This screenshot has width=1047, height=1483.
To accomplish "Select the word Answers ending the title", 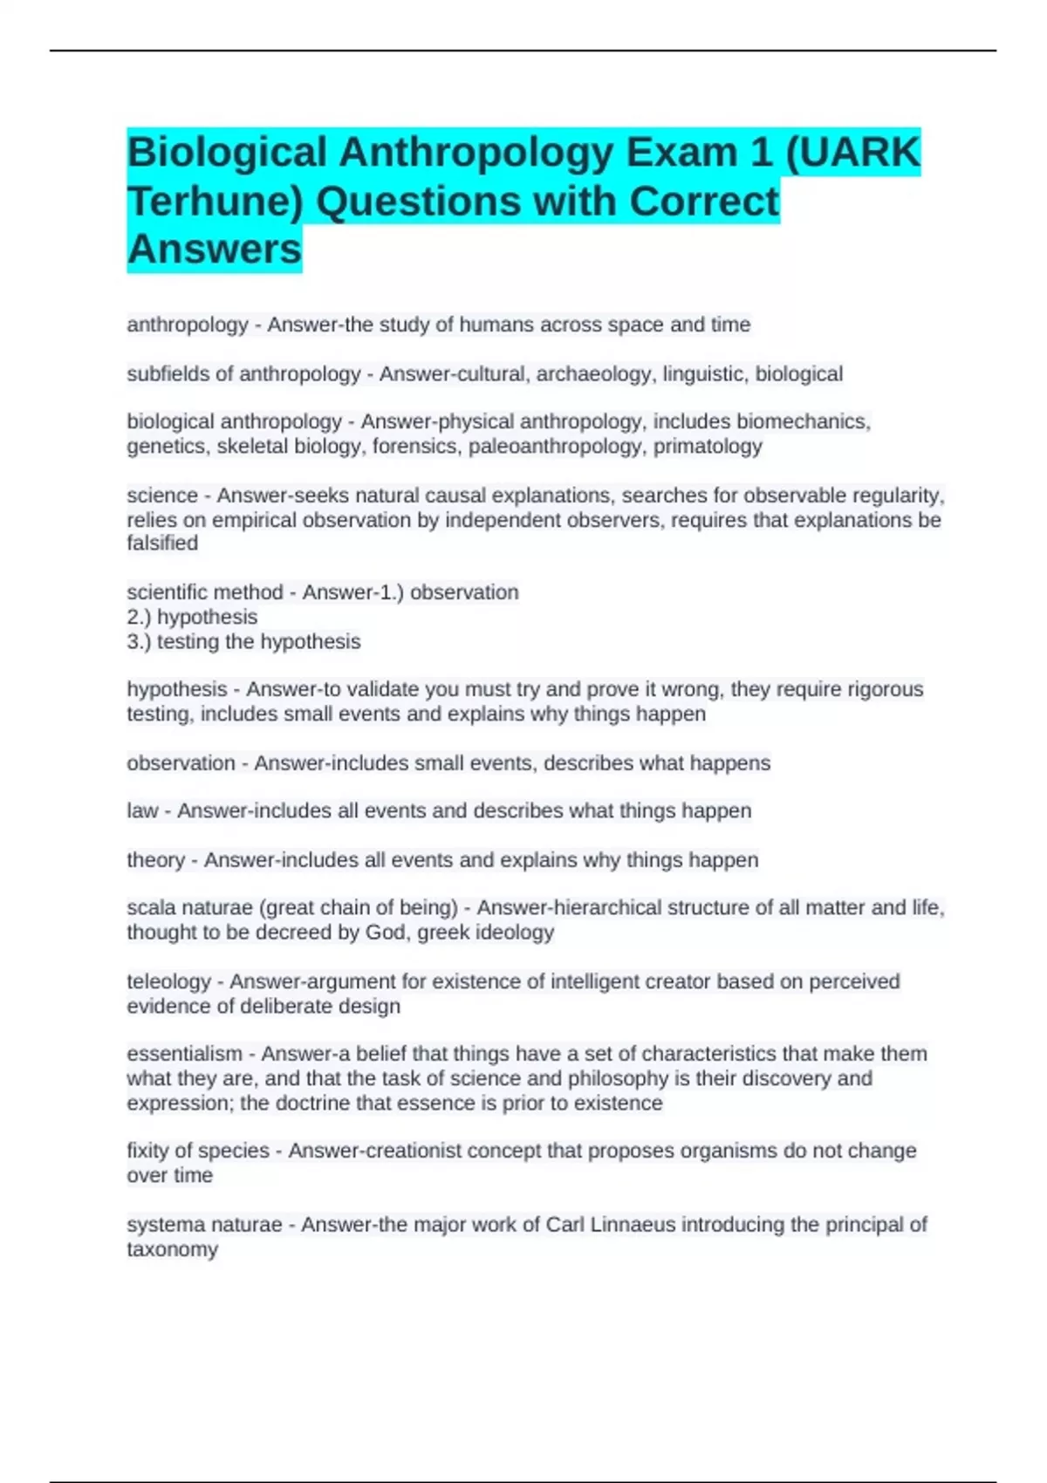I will point(215,249).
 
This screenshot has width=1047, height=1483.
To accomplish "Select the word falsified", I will point(162,543).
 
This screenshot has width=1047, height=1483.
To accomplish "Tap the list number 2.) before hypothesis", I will point(139,617).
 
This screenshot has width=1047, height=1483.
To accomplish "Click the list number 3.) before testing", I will point(139,641).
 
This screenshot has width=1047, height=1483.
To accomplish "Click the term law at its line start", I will point(142,810).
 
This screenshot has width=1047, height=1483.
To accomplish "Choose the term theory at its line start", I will point(155,859).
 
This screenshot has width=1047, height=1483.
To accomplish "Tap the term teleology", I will point(168,981).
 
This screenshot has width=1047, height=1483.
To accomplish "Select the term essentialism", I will point(184,1054).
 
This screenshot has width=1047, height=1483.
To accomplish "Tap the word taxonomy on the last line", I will point(172,1249).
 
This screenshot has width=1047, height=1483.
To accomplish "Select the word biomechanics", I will point(803,422).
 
